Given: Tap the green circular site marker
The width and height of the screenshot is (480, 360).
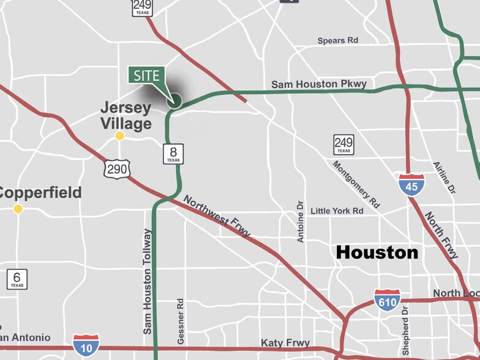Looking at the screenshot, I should pyautogui.click(x=174, y=100).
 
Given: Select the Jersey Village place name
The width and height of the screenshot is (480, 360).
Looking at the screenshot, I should pyautogui.click(x=126, y=116).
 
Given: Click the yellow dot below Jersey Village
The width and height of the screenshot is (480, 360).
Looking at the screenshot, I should pyautogui.click(x=120, y=136).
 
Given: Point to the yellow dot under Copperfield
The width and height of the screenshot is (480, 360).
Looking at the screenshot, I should pyautogui.click(x=18, y=209).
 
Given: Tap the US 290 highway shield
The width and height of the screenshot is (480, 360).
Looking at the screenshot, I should pyautogui.click(x=116, y=168).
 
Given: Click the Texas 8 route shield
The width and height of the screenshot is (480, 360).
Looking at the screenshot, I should pyautogui.click(x=173, y=154).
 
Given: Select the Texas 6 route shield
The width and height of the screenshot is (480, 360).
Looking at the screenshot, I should pyautogui.click(x=17, y=279).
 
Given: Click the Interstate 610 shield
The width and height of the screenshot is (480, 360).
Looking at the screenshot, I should pyautogui.click(x=387, y=300).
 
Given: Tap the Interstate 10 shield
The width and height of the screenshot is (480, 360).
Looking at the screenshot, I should pyautogui.click(x=86, y=345).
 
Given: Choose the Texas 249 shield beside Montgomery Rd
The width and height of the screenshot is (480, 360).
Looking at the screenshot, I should pyautogui.click(x=343, y=145).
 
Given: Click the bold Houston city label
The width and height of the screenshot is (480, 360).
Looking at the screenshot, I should pyautogui.click(x=377, y=252).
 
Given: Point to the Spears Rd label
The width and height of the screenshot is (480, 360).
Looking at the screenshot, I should pyautogui.click(x=337, y=41).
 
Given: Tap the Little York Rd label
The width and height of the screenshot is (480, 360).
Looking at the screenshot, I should pyautogui.click(x=337, y=211).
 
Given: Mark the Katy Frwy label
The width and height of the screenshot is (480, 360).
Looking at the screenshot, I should pyautogui.click(x=285, y=343).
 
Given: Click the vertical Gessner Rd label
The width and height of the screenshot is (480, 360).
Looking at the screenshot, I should pyautogui.click(x=181, y=321).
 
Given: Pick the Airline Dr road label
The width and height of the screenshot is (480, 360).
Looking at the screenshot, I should pyautogui.click(x=444, y=178).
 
